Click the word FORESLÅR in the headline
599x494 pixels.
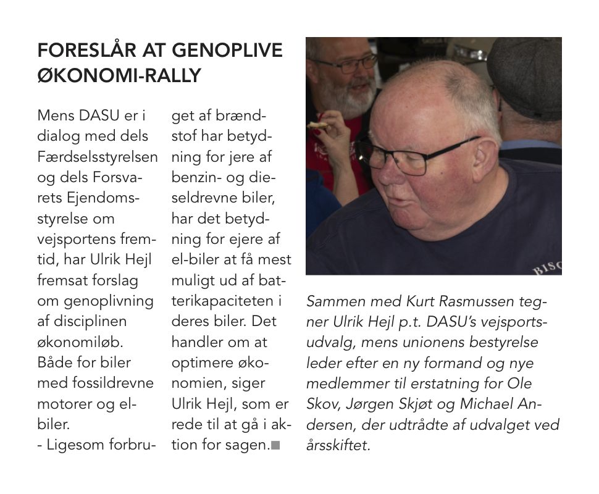[x=80, y=51]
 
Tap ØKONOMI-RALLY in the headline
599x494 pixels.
[x=119, y=75]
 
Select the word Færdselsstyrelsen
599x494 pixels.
[x=98, y=157]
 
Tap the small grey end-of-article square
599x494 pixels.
[x=275, y=445]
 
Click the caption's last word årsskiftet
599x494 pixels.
[x=338, y=445]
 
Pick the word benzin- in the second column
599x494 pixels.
[x=197, y=177]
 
